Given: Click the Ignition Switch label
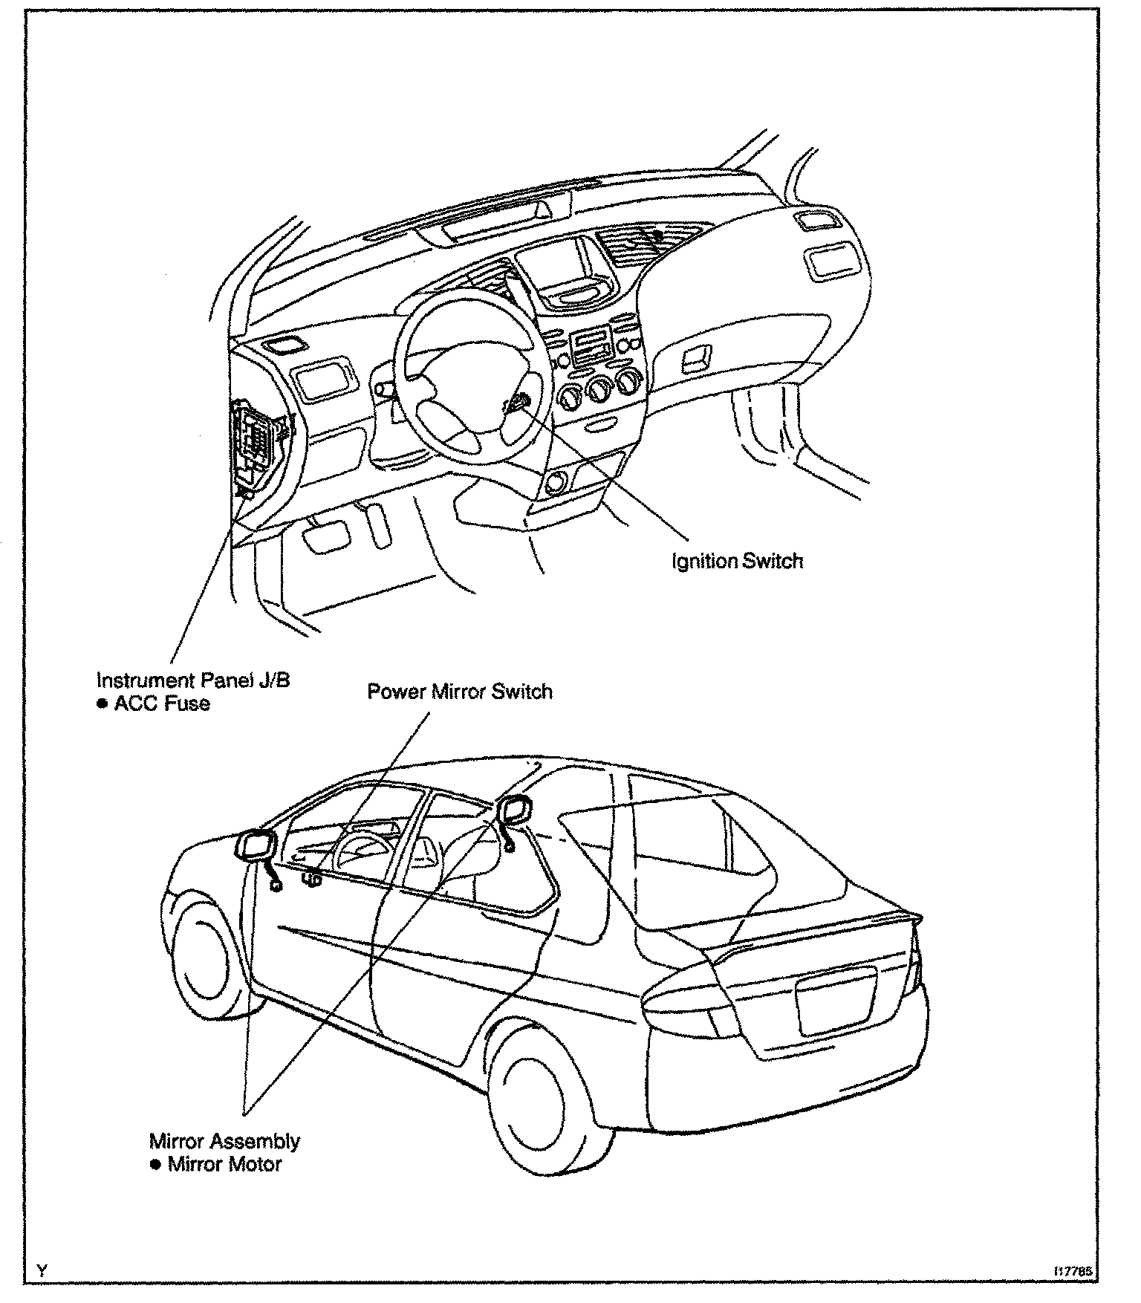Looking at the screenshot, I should click(x=737, y=561).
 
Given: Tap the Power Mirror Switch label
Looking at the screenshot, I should click(x=460, y=692).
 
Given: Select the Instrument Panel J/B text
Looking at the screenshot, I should click(x=194, y=680).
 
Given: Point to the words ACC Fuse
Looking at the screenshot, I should click(x=162, y=704).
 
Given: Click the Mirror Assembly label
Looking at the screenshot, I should click(x=224, y=1140).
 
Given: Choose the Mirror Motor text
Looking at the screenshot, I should click(x=224, y=1163).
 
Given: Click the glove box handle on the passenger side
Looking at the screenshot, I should click(x=698, y=360).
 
